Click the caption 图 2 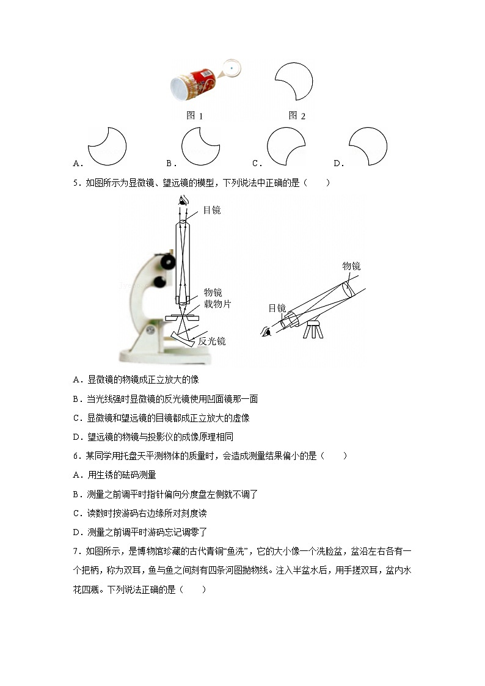tap(297, 115)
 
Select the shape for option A tap(108, 147)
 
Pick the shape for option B tap(200, 147)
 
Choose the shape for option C tap(286, 147)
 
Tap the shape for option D tap(368, 147)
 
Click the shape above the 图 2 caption tap(294, 81)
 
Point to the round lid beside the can tap(232, 67)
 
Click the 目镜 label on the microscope tap(211, 210)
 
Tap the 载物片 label tap(217, 304)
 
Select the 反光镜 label tap(212, 341)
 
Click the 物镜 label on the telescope tap(351, 266)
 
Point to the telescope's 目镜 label tap(277, 308)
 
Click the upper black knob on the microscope tap(166, 261)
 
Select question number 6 tap(75, 456)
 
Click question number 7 tap(75, 552)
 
